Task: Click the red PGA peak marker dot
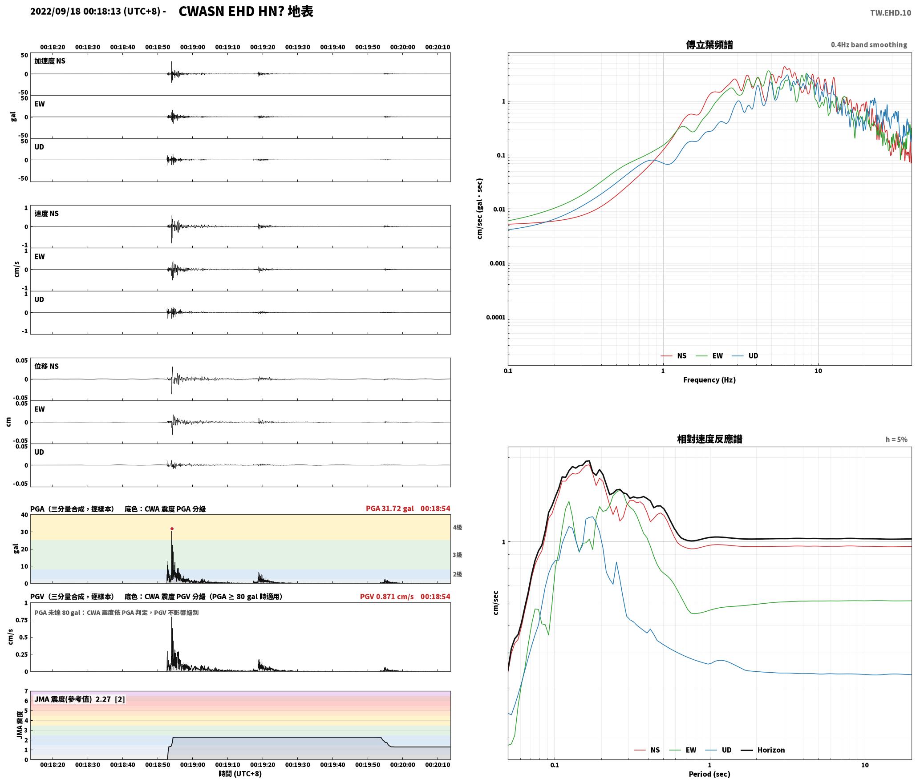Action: coord(172,529)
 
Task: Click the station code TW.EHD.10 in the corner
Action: coord(891,13)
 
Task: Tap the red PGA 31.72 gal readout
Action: coord(389,509)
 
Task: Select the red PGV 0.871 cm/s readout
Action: coord(386,597)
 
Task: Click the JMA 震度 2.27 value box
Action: coord(80,699)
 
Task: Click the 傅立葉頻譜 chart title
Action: coord(709,45)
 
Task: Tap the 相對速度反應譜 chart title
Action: coord(709,439)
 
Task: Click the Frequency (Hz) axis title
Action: coord(709,380)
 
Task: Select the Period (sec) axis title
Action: coord(709,774)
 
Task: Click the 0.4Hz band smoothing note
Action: coord(869,45)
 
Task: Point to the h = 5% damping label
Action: coord(896,440)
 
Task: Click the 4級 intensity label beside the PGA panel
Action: coord(458,528)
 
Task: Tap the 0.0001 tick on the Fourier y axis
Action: coord(495,317)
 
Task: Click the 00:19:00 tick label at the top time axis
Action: coord(193,47)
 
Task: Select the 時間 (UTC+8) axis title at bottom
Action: coord(240,774)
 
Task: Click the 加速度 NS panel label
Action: coord(50,61)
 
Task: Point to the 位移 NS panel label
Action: coord(47,366)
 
